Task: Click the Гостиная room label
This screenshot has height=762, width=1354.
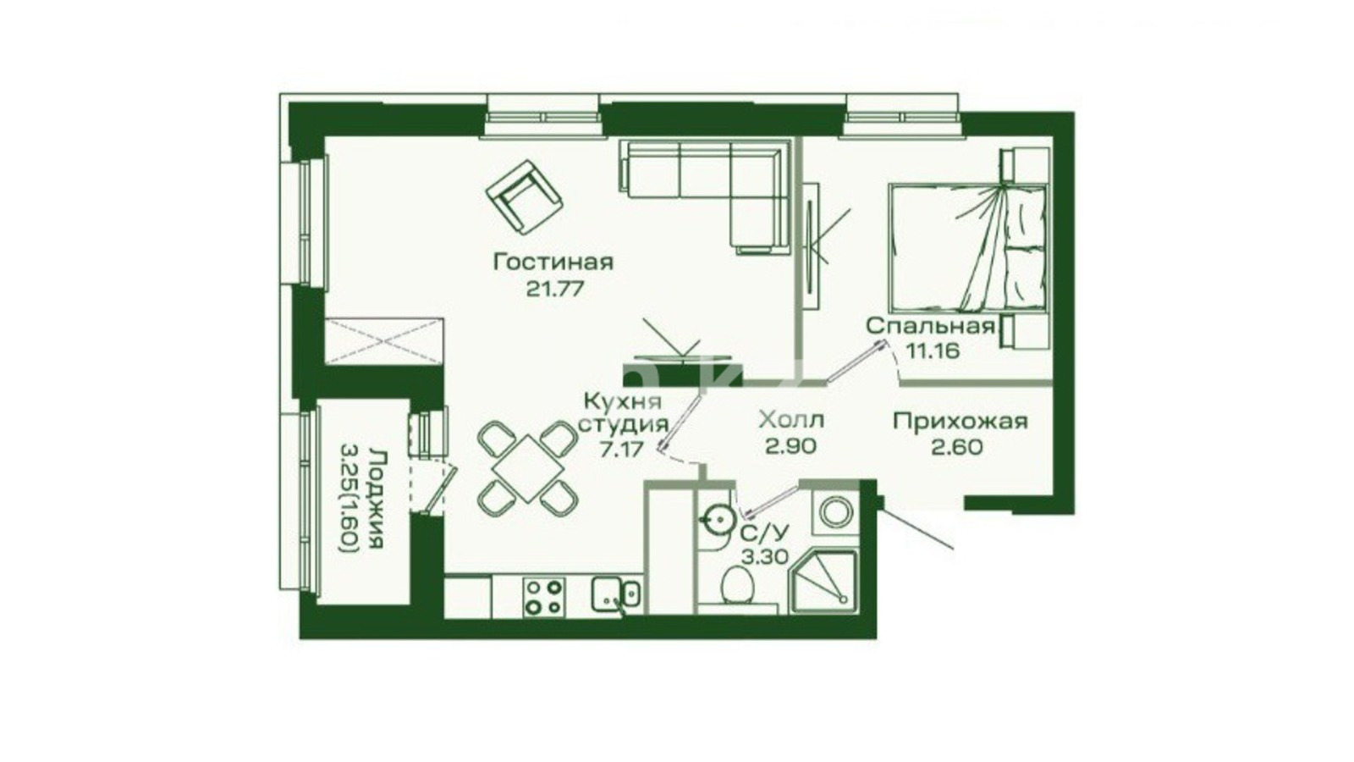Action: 553,262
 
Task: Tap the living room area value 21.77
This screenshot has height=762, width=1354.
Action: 555,289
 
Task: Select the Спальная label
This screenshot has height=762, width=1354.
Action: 931,327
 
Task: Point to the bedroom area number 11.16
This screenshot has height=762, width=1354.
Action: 932,351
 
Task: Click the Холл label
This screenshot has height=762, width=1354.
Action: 791,420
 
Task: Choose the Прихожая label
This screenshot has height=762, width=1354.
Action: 960,421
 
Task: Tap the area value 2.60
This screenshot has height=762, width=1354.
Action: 957,447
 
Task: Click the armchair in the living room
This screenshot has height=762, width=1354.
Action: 525,197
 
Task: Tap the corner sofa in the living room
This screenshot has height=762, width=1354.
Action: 704,196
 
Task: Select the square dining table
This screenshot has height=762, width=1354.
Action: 528,468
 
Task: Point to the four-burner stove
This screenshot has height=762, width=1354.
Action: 544,597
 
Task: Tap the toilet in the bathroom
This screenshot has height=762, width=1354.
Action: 737,585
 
